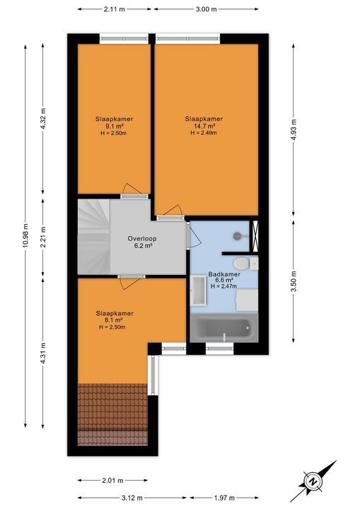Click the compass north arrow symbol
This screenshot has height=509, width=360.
tap(312, 481)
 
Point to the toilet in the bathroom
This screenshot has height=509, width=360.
tap(255, 264)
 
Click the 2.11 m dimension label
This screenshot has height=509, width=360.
tap(114, 9)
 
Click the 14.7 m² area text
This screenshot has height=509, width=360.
tap(204, 126)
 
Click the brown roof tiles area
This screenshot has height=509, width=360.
tap(111, 414)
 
